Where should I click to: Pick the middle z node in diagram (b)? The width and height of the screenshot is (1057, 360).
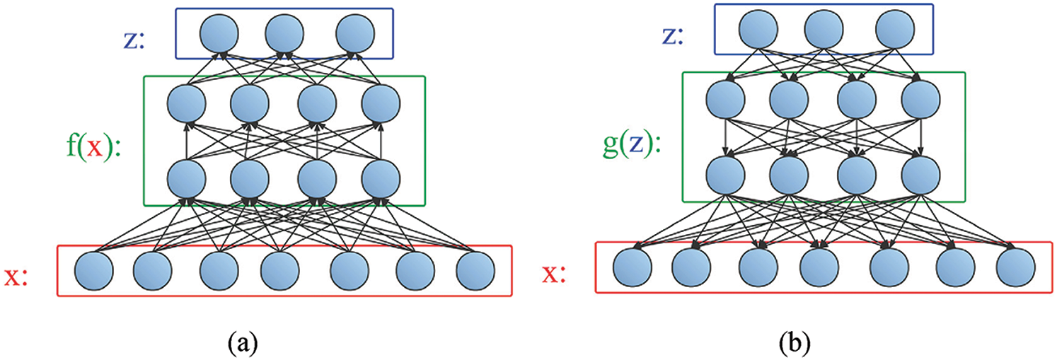tap(824, 30)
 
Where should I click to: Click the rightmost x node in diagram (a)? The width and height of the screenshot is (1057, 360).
tap(475, 271)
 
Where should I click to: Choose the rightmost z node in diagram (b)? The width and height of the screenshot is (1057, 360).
tap(894, 30)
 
